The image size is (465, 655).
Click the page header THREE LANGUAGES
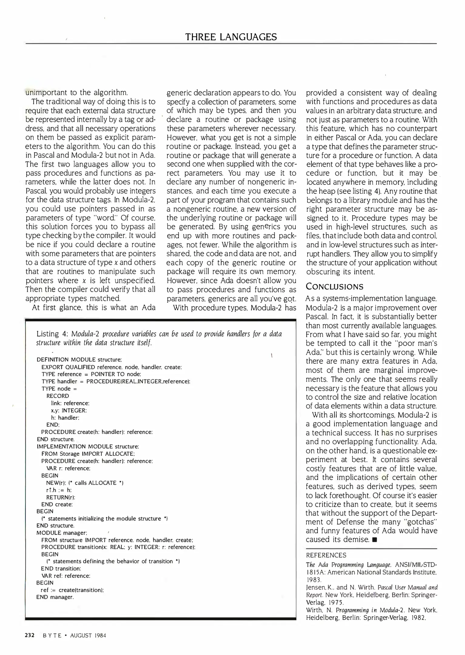coord(231,37)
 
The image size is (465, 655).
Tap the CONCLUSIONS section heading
coord(334,287)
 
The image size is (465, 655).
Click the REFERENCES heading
coord(326,555)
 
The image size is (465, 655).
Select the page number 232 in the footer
coord(30,635)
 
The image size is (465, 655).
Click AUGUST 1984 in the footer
coord(88,636)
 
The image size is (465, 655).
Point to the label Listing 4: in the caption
coord(52,334)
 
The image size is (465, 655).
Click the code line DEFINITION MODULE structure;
coord(79,360)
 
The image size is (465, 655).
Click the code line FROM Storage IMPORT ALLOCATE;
coord(88,454)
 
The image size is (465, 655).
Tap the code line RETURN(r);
coord(60,497)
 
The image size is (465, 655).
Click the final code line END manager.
coord(55,597)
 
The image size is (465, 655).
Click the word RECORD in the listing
coord(58,396)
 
